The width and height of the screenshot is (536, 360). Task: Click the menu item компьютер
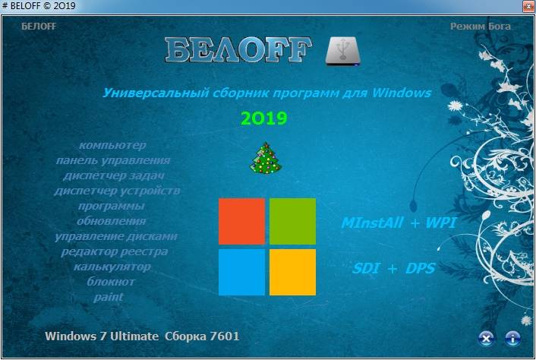tap(112, 145)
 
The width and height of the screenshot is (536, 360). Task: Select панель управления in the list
tap(113, 160)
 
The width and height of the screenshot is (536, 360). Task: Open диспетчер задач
tap(114, 175)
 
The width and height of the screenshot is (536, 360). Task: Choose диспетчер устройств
tap(117, 191)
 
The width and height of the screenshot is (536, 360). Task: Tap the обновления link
tap(112, 221)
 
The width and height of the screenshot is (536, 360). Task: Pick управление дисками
tap(116, 236)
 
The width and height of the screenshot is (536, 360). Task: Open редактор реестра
tap(115, 251)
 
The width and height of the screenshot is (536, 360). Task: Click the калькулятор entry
tap(112, 267)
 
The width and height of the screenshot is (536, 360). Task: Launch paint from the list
tap(109, 297)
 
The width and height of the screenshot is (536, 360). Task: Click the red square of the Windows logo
tap(241, 222)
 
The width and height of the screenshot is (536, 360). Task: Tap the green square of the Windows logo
tap(292, 222)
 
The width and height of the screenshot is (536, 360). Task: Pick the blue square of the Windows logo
tap(241, 272)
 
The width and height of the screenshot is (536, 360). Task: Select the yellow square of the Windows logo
tap(292, 272)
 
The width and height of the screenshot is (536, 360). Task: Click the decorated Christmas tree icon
tap(266, 158)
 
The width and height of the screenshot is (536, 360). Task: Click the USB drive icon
tap(342, 51)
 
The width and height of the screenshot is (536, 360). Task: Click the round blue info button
tap(512, 338)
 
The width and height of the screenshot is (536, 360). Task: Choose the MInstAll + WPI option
tap(399, 223)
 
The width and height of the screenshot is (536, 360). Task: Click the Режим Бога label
tap(481, 27)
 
